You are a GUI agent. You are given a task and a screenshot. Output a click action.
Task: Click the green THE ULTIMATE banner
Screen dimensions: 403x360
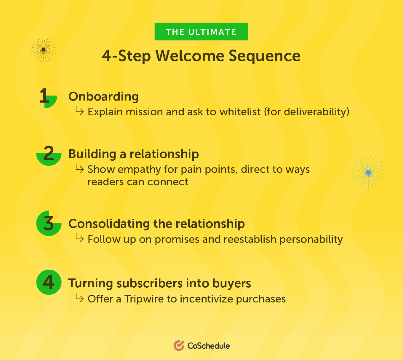[x=201, y=32]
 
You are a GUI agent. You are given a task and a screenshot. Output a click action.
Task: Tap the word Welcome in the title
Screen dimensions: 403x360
[x=190, y=56]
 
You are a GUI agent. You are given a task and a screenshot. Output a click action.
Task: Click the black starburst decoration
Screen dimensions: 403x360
[x=44, y=50]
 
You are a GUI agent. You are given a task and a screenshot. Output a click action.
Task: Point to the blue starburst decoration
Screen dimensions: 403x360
[x=368, y=172]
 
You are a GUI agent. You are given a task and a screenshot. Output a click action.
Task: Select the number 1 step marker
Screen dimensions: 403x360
[x=48, y=98]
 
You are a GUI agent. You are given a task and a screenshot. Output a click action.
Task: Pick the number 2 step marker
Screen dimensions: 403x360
[x=49, y=155]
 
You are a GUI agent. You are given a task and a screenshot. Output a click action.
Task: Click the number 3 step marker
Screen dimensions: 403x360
[x=49, y=223]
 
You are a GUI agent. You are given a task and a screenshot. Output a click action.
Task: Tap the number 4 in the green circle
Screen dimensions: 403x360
[x=49, y=282]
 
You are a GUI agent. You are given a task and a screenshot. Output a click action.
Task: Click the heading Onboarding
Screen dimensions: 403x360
[x=103, y=97]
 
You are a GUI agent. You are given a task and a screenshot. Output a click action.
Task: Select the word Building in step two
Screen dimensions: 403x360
[x=92, y=154]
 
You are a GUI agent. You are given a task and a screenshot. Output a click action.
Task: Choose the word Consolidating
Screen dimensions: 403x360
[x=109, y=223]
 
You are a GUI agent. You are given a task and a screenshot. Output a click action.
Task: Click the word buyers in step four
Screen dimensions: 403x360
[x=231, y=283]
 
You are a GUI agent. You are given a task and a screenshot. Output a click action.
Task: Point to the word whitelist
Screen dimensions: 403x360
[x=240, y=112]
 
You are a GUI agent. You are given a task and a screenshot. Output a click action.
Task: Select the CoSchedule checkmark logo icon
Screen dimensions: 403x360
[x=179, y=345]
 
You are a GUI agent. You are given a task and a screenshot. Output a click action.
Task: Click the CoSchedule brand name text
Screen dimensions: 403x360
[x=208, y=346]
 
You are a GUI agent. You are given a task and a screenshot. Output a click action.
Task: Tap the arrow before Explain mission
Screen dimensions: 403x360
[x=80, y=111]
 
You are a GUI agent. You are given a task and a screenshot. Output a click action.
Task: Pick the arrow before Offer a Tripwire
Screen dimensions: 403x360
[x=80, y=298]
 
